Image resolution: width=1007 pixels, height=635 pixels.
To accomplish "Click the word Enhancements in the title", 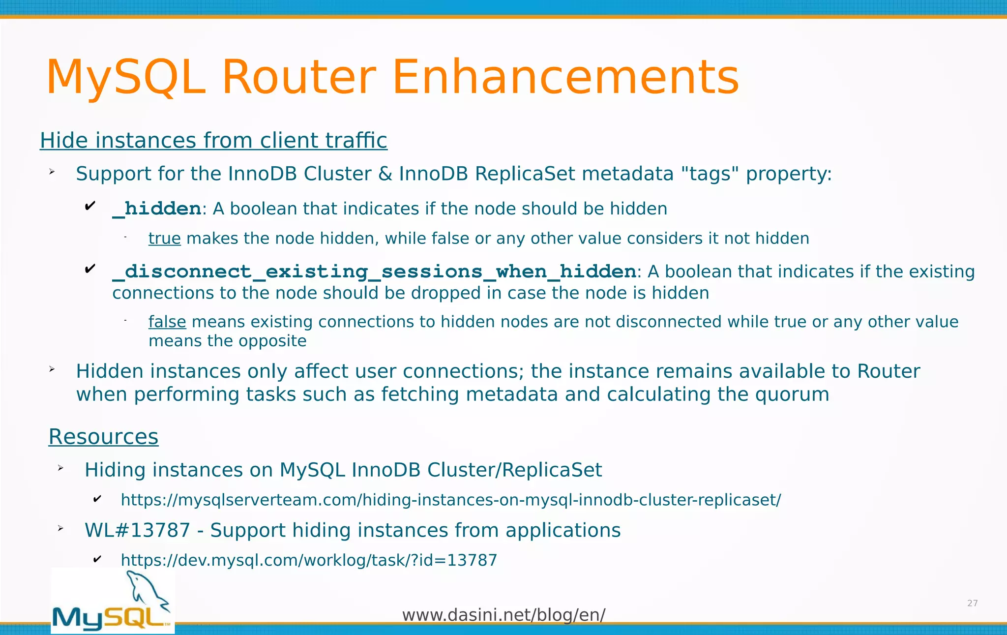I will [565, 78].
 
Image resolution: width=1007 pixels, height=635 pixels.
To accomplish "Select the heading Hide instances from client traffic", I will [213, 141].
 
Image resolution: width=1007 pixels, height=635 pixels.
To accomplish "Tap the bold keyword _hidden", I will [157, 209].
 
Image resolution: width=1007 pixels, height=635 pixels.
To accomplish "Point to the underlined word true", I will [165, 239].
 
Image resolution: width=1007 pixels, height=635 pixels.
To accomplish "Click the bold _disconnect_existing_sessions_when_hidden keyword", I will [374, 272].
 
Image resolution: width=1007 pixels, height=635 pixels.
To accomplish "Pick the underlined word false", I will [167, 322].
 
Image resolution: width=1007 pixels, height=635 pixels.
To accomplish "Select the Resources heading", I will [103, 437].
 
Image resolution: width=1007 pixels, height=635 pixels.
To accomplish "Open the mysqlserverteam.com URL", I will [450, 500].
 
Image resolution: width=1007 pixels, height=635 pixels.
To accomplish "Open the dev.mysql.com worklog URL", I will [309, 560].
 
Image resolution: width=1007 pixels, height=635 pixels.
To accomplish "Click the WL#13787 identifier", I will [137, 531].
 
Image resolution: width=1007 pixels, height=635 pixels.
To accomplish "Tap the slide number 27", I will [972, 604].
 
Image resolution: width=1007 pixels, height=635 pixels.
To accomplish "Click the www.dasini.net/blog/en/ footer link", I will [503, 615].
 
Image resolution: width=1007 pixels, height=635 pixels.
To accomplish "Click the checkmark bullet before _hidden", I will [90, 206].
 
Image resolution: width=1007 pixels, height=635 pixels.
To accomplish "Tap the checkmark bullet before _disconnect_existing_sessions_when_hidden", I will [90, 269].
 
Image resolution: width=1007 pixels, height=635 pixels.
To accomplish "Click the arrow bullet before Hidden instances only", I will [52, 369].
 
